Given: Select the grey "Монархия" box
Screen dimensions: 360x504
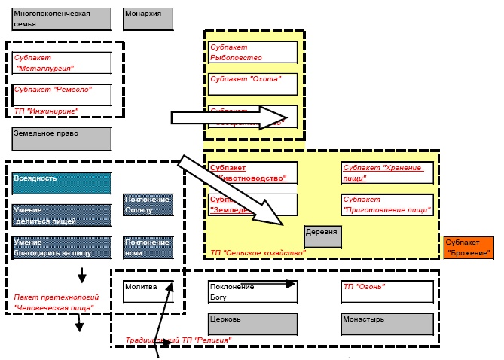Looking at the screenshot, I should (148, 19).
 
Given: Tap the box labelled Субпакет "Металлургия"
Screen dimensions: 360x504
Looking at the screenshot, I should (62, 63).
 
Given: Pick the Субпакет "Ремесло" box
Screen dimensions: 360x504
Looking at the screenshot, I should (62, 94).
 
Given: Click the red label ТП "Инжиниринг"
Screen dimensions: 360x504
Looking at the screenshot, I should (46, 111).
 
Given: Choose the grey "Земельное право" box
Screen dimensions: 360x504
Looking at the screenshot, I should (62, 139).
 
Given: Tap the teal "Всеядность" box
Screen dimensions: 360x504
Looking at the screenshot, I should (62, 183).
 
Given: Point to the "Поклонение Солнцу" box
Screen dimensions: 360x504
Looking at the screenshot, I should (148, 204).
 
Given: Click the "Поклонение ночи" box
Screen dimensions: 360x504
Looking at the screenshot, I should (148, 248).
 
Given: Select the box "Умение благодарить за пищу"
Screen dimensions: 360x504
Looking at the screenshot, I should (62, 248).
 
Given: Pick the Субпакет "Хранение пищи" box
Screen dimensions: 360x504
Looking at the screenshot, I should (387, 173).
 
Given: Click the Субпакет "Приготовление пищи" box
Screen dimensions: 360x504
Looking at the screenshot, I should (387, 205).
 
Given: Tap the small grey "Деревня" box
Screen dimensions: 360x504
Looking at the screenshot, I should (322, 236).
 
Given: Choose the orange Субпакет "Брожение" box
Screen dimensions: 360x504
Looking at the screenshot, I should (468, 247).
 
